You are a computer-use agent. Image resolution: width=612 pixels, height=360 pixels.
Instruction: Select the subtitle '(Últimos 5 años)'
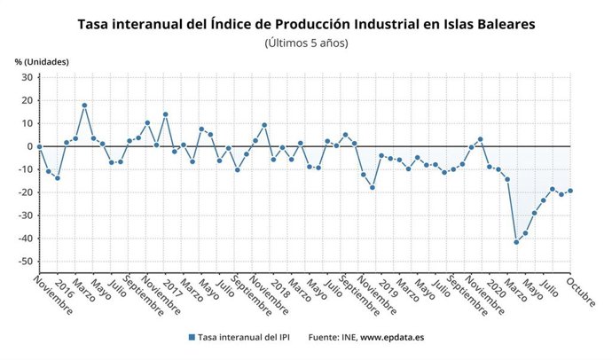306,43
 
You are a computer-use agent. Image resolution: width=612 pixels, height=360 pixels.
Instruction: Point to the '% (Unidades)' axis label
42,61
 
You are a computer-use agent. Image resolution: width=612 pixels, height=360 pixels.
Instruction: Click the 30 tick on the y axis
27,77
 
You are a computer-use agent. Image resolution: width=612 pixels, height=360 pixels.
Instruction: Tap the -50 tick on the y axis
24,262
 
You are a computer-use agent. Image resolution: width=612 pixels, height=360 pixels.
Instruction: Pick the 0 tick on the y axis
29,146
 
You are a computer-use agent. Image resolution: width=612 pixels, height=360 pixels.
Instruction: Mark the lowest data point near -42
516,242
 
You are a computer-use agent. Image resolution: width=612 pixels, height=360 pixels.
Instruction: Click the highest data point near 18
84,106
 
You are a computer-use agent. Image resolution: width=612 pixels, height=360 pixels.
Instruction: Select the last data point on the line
570,191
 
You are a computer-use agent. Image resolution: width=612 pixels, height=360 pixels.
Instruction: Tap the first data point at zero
40,146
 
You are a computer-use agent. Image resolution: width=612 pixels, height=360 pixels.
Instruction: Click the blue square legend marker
191,338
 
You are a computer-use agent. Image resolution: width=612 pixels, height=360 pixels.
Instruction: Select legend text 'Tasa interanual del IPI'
246,338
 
